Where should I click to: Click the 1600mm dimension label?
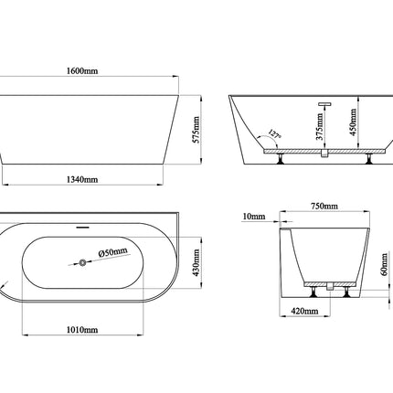coord(82,71)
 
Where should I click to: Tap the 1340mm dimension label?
coord(82,179)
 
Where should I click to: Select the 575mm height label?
coord(196,130)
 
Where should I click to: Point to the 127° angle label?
coord(274,134)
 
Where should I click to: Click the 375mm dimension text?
coord(319,126)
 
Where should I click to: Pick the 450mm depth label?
coord(353,122)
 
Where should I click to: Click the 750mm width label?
coord(324,207)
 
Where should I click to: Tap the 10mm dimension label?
coord(254,217)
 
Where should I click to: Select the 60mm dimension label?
coord(385,264)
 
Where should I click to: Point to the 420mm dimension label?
coord(304,311)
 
